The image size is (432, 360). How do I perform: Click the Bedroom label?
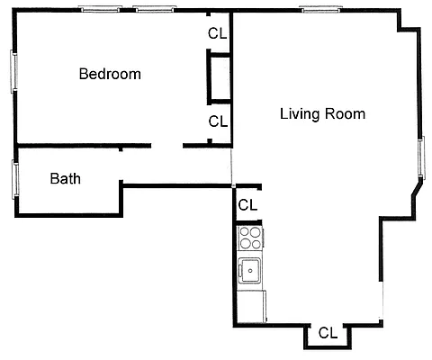(110, 74)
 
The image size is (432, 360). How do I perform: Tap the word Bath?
(65, 178)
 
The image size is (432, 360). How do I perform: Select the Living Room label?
(322, 114)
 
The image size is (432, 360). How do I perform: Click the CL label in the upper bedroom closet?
(217, 33)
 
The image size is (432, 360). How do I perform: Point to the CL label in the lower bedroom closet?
(217, 121)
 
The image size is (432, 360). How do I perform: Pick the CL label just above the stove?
(247, 205)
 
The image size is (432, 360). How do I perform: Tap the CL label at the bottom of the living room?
(328, 332)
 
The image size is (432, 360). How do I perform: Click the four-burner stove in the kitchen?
(250, 238)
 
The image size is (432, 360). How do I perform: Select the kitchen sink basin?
(249, 269)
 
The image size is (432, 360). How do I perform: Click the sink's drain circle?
(249, 269)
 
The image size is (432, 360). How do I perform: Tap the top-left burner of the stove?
(245, 232)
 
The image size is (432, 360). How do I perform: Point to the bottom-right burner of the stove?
(256, 244)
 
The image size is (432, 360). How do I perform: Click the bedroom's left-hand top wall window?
(100, 10)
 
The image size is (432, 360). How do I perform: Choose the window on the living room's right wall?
(420, 156)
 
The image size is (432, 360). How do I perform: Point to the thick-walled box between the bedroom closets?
(220, 78)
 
